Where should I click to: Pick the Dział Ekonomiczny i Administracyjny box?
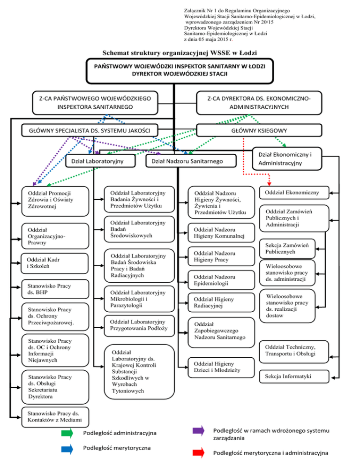tap(286, 158)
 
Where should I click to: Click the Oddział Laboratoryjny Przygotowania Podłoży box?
tap(138, 325)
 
